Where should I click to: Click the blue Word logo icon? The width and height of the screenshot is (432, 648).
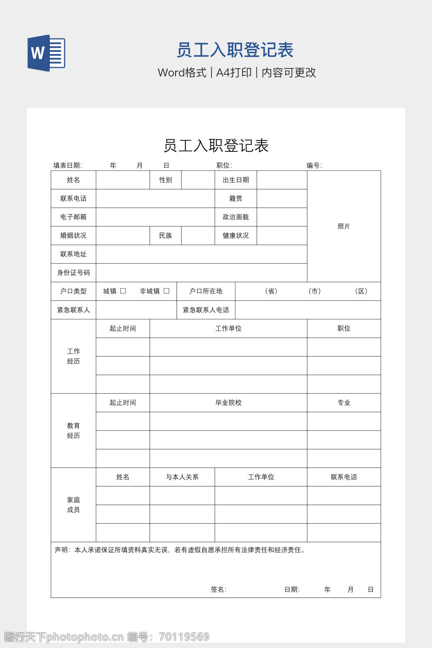point(46,53)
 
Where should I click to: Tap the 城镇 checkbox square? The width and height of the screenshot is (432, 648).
point(123,291)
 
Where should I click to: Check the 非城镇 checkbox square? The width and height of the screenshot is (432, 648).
point(166,291)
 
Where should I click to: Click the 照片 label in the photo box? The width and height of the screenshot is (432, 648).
point(344,227)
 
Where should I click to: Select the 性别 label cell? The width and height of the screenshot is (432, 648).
point(165,180)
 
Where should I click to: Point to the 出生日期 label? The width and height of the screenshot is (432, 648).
point(236,180)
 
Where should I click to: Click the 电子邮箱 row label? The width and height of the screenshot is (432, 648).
point(73,217)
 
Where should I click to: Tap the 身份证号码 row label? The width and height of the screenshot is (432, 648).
point(73,273)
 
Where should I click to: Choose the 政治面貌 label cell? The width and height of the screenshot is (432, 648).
point(236,217)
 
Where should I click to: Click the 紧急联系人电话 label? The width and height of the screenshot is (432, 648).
point(206,310)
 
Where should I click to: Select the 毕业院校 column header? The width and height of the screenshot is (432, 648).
point(228,403)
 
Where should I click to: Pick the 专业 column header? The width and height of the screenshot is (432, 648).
point(344,403)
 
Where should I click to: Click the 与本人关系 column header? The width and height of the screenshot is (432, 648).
point(182,477)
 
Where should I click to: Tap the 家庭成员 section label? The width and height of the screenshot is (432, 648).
point(73,505)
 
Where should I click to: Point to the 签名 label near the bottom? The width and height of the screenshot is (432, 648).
point(219,589)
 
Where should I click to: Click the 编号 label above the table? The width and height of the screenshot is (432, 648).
point(314,165)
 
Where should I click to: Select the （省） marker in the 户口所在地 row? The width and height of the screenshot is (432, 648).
point(271,291)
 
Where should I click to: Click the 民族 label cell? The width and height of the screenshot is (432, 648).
point(165,236)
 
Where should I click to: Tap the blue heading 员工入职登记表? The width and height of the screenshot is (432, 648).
point(235,50)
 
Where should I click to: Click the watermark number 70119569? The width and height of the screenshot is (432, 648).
point(184,637)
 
